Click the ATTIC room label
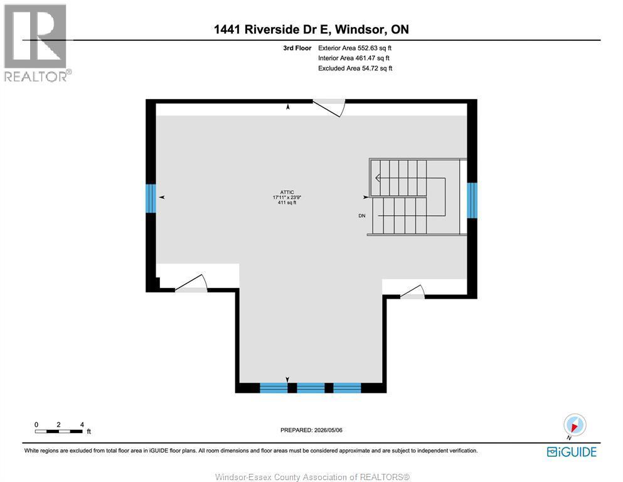pyautogui.click(x=287, y=192)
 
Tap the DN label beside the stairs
pyautogui.click(x=362, y=216)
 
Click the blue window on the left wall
pyautogui.click(x=151, y=198)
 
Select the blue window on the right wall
pyautogui.click(x=472, y=200)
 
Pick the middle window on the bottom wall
pyautogui.click(x=311, y=388)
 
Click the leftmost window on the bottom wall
pyautogui.click(x=274, y=388)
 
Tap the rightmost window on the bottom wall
pyautogui.click(x=347, y=388)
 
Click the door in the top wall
pyautogui.click(x=329, y=108)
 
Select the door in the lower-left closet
pyautogui.click(x=191, y=283)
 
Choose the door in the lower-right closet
pyautogui.click(x=412, y=292)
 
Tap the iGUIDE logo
pyautogui.click(x=572, y=453)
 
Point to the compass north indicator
pyautogui.click(x=574, y=426)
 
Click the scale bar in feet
pyautogui.click(x=59, y=431)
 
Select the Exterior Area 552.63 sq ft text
pyautogui.click(x=355, y=48)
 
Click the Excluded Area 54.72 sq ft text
pyautogui.click(x=355, y=68)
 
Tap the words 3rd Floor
pyautogui.click(x=297, y=48)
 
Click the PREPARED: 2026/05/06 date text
pyautogui.click(x=311, y=430)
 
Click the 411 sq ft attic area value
pyautogui.click(x=287, y=203)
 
